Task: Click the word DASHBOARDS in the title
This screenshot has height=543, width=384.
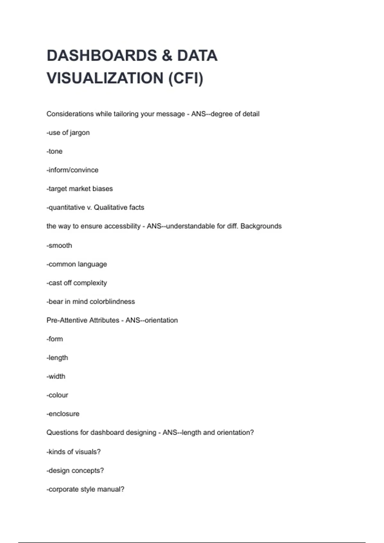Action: tap(102, 56)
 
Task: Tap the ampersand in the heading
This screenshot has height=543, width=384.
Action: tap(167, 56)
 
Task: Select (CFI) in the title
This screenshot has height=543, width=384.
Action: tap(186, 78)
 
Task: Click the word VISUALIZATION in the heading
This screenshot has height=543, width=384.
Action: tap(105, 78)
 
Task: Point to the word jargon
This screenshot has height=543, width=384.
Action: tap(80, 133)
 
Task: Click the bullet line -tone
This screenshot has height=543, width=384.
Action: tap(54, 151)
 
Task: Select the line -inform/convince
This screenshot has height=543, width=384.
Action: tap(72, 170)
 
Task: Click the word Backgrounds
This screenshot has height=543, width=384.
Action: tap(261, 226)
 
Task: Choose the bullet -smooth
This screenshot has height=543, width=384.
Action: tap(59, 246)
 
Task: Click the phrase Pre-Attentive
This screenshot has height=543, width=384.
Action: tap(67, 320)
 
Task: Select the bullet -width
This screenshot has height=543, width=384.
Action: tap(56, 377)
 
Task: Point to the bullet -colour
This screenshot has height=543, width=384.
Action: tap(57, 395)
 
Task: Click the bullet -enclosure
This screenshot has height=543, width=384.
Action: tap(63, 414)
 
